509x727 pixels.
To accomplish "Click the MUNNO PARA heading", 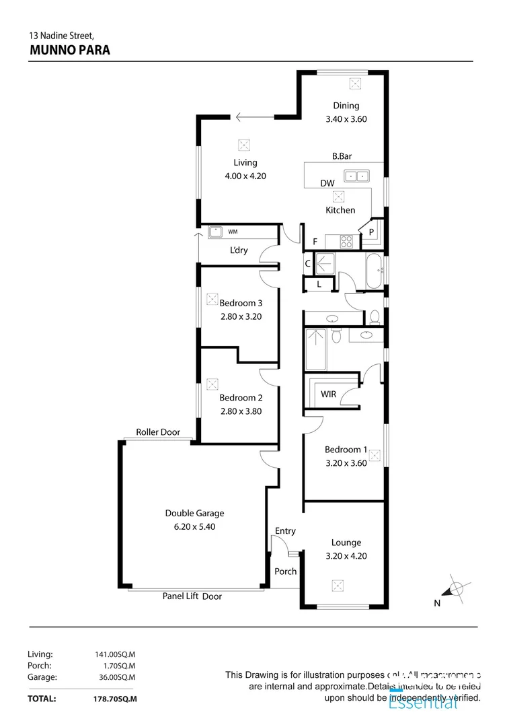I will [x=70, y=49].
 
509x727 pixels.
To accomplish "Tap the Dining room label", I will [x=346, y=105].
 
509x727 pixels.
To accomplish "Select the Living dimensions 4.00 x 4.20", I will [x=245, y=176].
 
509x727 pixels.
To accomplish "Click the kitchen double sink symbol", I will [x=356, y=176].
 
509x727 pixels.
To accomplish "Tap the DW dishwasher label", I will [x=327, y=183].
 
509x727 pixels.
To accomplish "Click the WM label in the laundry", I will [x=233, y=232].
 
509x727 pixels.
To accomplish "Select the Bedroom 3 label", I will [x=241, y=303].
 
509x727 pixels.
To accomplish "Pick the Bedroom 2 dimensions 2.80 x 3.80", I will [x=241, y=411].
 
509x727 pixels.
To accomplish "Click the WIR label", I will [x=329, y=394].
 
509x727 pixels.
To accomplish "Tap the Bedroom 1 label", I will [x=346, y=450].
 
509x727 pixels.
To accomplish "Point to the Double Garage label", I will [x=194, y=513].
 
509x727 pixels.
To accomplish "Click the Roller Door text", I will [x=158, y=432].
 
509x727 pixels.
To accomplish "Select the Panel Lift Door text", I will [x=192, y=596].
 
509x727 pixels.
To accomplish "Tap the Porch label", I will [x=286, y=572].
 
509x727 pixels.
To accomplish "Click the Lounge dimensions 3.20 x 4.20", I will [x=346, y=556].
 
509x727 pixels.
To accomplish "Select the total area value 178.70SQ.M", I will [x=115, y=699].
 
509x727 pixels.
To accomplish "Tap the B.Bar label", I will [x=342, y=156].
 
